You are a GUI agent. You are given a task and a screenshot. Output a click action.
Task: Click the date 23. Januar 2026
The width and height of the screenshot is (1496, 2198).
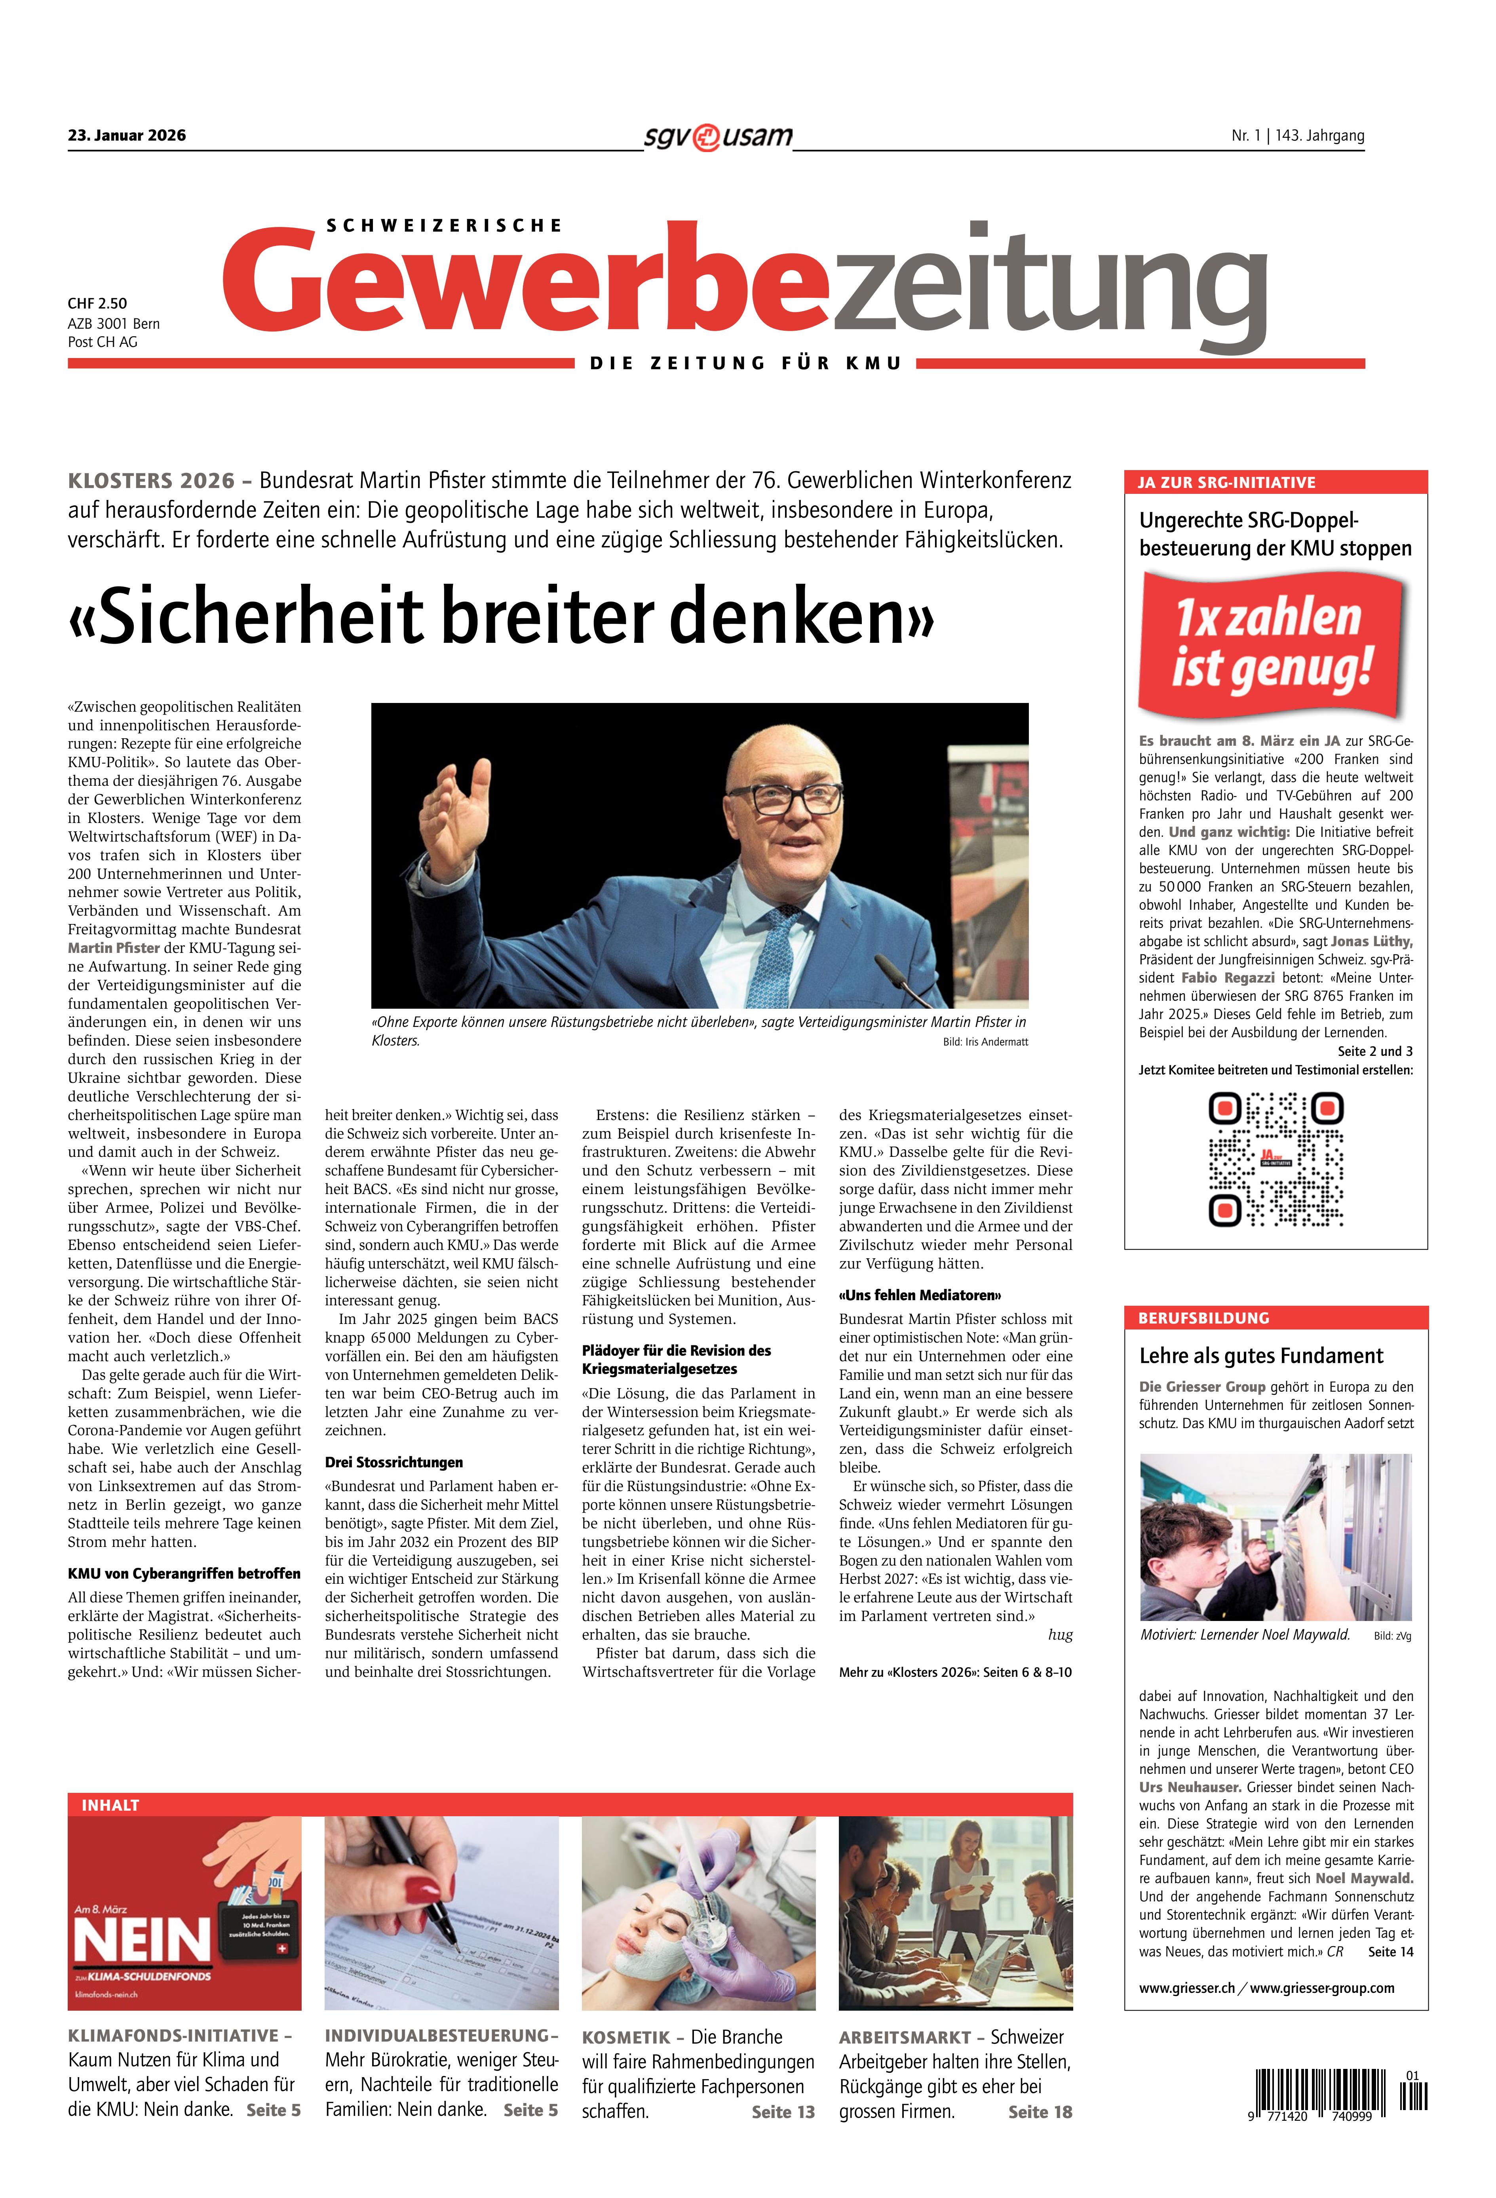coord(127,135)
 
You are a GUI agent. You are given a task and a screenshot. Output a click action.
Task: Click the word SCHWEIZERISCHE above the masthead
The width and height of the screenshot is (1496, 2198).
coord(443,225)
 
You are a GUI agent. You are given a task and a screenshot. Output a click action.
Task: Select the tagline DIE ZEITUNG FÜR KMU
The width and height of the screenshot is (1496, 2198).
coord(745,363)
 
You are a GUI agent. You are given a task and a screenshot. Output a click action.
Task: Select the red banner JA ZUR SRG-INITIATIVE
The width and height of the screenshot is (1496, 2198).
coord(1275,482)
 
